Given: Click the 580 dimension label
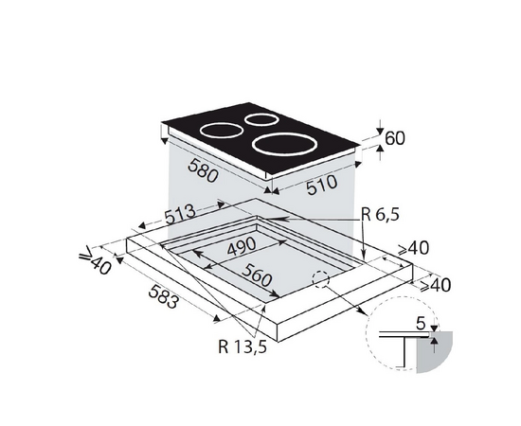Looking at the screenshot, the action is click(x=203, y=170).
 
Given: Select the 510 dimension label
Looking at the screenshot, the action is click(x=321, y=185).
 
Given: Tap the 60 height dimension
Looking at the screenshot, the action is click(x=395, y=138).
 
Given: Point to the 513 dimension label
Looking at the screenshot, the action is click(x=180, y=214).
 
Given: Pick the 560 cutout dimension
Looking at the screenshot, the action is click(x=257, y=275).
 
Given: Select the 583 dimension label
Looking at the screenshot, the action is click(x=163, y=296).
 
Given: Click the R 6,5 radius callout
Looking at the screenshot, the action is click(x=380, y=215).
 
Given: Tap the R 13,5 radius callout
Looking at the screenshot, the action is click(x=243, y=346).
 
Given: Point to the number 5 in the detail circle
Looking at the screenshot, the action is click(x=421, y=324).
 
